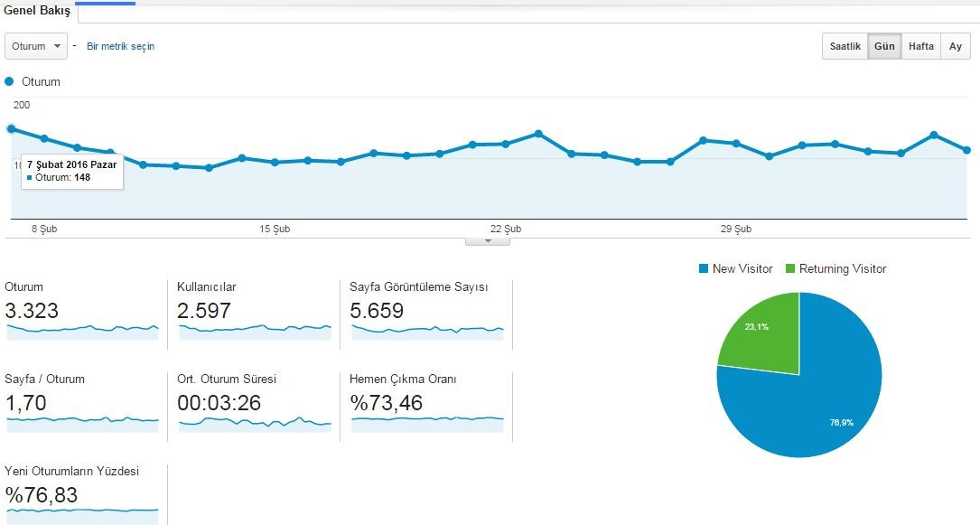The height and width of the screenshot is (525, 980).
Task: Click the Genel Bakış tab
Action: (x=37, y=11)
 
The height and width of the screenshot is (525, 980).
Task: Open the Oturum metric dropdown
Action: (x=35, y=46)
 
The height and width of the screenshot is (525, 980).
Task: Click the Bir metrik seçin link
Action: (x=121, y=46)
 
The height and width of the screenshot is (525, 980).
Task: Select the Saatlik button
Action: (x=845, y=46)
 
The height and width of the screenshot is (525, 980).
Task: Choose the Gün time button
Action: (x=884, y=46)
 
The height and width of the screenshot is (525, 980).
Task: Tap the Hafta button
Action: (x=920, y=46)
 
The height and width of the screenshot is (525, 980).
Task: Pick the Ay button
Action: (x=955, y=46)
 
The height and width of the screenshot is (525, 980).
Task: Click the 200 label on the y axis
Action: (x=22, y=105)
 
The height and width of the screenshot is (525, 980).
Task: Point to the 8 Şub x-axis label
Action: (x=44, y=229)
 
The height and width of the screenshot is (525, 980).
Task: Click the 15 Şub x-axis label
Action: (x=275, y=229)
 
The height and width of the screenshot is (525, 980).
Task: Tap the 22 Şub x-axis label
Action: (x=506, y=229)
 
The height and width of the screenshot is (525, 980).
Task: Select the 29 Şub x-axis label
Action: (x=735, y=229)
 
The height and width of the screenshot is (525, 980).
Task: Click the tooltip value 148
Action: (x=82, y=177)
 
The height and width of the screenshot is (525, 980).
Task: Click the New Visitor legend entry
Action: (x=735, y=268)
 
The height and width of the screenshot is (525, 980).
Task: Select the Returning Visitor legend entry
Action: (x=835, y=268)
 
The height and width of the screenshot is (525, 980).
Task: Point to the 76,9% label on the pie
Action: (x=841, y=423)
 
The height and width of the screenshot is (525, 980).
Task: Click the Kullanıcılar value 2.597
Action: (x=204, y=311)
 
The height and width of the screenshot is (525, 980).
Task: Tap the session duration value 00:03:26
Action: (x=219, y=402)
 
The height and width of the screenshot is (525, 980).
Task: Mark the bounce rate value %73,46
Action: (x=387, y=402)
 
